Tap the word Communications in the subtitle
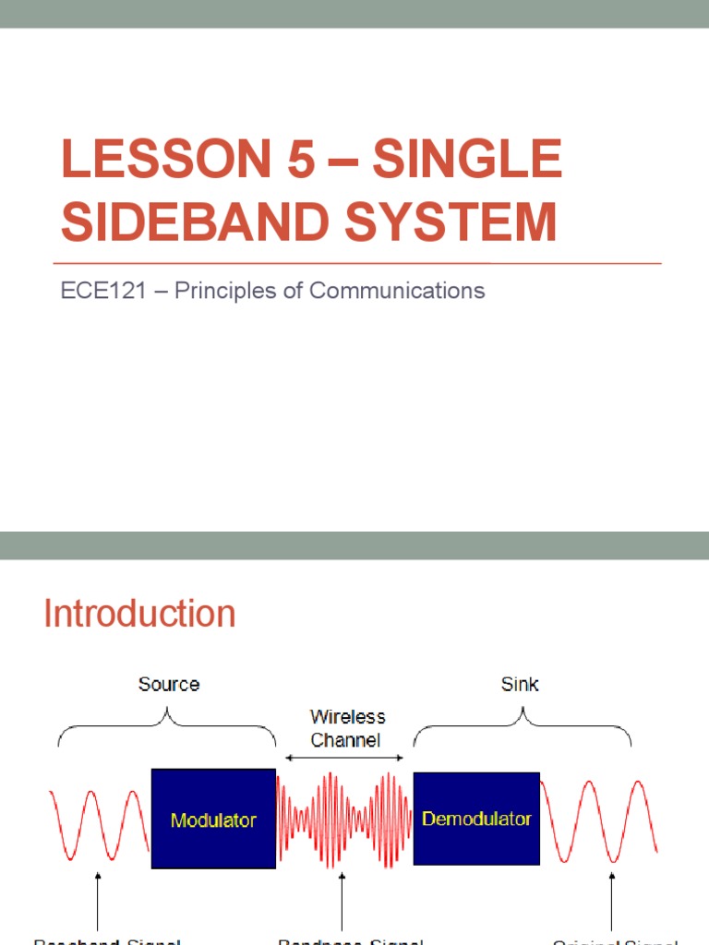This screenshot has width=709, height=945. [x=397, y=291]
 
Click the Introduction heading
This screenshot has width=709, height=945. [x=139, y=614]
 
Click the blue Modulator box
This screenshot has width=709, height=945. [x=213, y=819]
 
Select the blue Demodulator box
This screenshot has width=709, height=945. [x=476, y=819]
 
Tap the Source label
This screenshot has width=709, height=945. [x=168, y=684]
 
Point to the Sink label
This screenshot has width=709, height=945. [x=521, y=684]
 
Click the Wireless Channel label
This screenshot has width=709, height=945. [x=347, y=728]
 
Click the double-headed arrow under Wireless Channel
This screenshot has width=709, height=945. [x=344, y=758]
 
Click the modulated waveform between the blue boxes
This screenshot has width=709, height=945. [x=344, y=819]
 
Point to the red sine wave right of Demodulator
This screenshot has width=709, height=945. [x=599, y=819]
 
